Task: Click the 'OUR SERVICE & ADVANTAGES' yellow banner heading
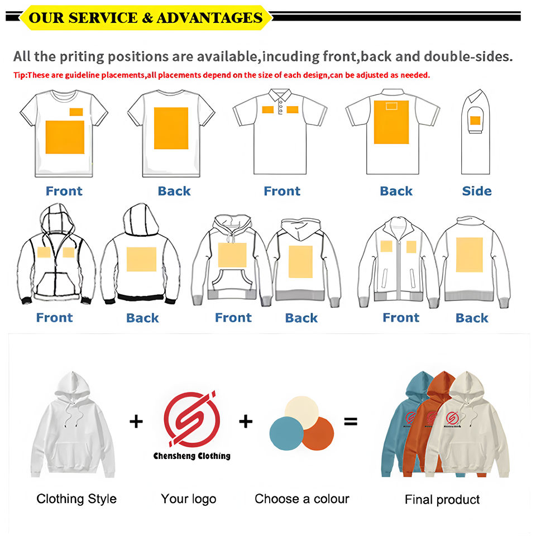145,17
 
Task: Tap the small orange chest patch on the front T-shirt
76,112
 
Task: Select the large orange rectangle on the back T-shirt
171,128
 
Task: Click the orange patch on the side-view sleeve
475,120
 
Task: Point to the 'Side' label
477,191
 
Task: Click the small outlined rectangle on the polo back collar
391,106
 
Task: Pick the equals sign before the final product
350,422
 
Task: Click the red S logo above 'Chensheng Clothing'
192,419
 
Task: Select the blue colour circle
285,434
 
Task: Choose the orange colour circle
318,434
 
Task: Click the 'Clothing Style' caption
76,499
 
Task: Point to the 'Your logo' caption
188,499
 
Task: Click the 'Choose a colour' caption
302,499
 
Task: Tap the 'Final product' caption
442,499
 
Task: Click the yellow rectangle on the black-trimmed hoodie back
141,259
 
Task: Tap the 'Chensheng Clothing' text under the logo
192,456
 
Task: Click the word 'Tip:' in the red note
20,75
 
